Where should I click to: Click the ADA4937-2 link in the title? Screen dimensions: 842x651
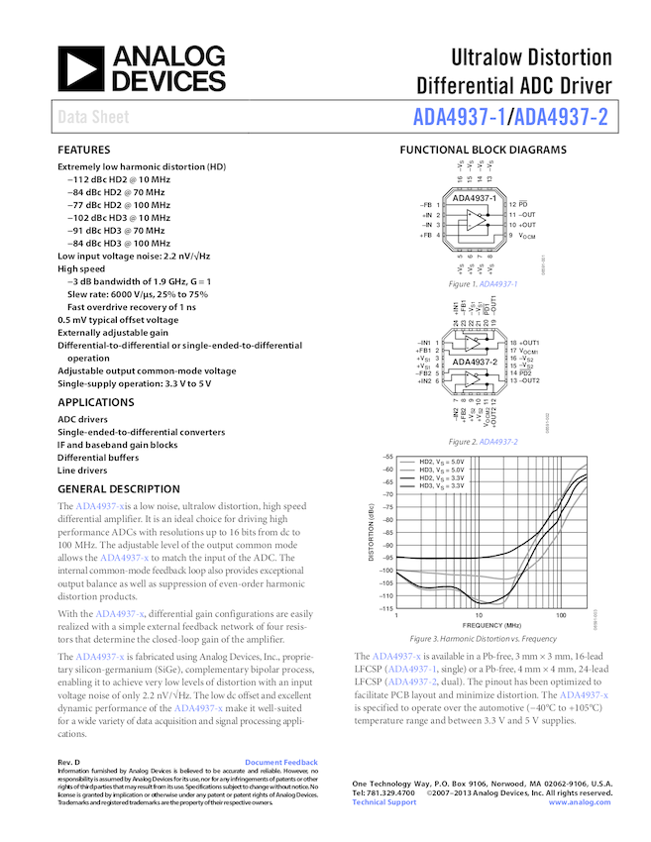pyautogui.click(x=562, y=117)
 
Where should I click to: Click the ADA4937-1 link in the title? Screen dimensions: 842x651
pyautogui.click(x=460, y=117)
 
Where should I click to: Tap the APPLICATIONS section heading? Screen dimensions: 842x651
pyautogui.click(x=97, y=403)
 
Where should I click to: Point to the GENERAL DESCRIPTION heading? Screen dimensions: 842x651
pyautogui.click(x=119, y=489)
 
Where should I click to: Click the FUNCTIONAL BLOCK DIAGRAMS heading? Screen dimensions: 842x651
pyautogui.click(x=482, y=151)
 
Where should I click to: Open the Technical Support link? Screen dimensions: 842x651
pyautogui.click(x=384, y=802)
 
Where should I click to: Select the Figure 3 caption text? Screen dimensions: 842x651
pyautogui.click(x=483, y=639)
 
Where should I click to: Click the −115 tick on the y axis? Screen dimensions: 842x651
pyautogui.click(x=385, y=608)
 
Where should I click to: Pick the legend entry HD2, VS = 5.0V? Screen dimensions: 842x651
pyautogui.click(x=441, y=463)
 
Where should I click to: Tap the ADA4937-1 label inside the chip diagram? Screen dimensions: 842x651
pyautogui.click(x=474, y=198)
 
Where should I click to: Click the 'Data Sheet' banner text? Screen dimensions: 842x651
pyautogui.click(x=92, y=117)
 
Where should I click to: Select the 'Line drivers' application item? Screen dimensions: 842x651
pyautogui.click(x=85, y=471)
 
